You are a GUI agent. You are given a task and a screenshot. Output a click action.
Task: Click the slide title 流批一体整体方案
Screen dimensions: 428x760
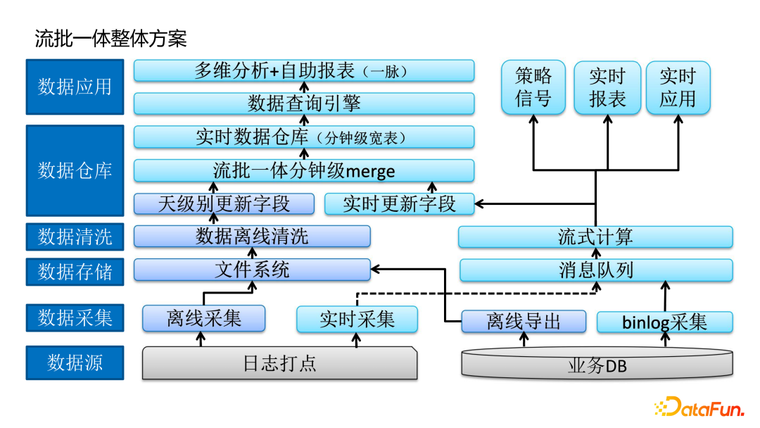point(110,38)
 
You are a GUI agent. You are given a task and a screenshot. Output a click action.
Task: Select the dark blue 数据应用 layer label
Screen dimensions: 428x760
point(75,87)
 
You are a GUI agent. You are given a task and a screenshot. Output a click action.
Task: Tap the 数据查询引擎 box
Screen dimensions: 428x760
point(303,103)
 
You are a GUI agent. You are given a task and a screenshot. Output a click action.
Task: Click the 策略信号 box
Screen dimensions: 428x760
point(533,87)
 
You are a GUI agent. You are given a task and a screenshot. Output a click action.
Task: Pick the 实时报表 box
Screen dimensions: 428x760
point(607,87)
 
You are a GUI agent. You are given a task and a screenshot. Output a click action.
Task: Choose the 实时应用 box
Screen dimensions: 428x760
point(678,87)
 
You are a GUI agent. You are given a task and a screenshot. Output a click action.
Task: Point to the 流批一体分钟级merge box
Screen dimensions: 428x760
point(303,170)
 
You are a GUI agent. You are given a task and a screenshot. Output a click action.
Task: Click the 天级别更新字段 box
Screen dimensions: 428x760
point(224,204)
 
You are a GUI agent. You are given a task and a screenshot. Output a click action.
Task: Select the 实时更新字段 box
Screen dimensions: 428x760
point(399,204)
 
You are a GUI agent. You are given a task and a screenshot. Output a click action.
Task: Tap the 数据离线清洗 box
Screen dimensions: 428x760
point(252,237)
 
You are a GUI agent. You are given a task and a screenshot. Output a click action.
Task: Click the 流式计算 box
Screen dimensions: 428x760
point(595,237)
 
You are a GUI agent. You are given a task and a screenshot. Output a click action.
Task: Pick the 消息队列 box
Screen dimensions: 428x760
point(595,270)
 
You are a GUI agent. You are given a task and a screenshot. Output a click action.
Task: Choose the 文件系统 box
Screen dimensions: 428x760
point(252,270)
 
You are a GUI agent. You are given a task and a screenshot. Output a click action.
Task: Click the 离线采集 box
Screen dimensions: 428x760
point(204,319)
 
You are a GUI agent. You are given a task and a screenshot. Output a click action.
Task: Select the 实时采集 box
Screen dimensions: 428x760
point(357,319)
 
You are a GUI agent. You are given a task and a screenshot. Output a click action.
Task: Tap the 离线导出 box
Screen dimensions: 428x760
point(524,322)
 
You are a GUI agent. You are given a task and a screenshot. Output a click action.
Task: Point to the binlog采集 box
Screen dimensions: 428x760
point(664,322)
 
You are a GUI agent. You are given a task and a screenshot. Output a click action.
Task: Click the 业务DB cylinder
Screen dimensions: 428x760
point(597,365)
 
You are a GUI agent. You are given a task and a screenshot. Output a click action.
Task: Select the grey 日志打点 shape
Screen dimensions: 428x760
point(279,363)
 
